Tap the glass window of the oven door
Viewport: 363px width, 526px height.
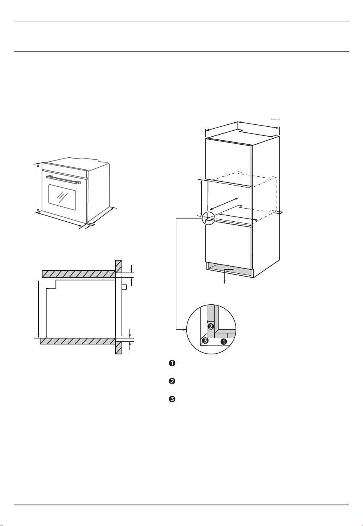[62, 197]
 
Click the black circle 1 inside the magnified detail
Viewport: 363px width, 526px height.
[224, 342]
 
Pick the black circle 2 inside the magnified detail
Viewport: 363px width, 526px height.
[210, 326]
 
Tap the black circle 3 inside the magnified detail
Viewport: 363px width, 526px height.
[205, 341]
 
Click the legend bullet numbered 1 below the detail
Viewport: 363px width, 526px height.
[172, 363]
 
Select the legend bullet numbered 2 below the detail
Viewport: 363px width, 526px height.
[172, 381]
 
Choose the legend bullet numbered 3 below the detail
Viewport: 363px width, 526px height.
[172, 399]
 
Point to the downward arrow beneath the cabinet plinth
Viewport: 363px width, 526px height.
[225, 276]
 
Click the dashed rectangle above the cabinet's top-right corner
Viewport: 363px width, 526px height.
[275, 127]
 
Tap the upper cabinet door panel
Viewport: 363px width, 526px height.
[229, 162]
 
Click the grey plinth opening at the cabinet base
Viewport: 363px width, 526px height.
[230, 270]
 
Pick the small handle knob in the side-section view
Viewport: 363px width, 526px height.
[124, 287]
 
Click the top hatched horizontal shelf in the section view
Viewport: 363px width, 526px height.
[79, 274]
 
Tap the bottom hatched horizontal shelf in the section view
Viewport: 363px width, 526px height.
[78, 341]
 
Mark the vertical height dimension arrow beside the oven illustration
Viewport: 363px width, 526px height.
[38, 188]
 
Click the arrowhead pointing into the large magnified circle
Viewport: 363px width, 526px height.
[185, 330]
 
